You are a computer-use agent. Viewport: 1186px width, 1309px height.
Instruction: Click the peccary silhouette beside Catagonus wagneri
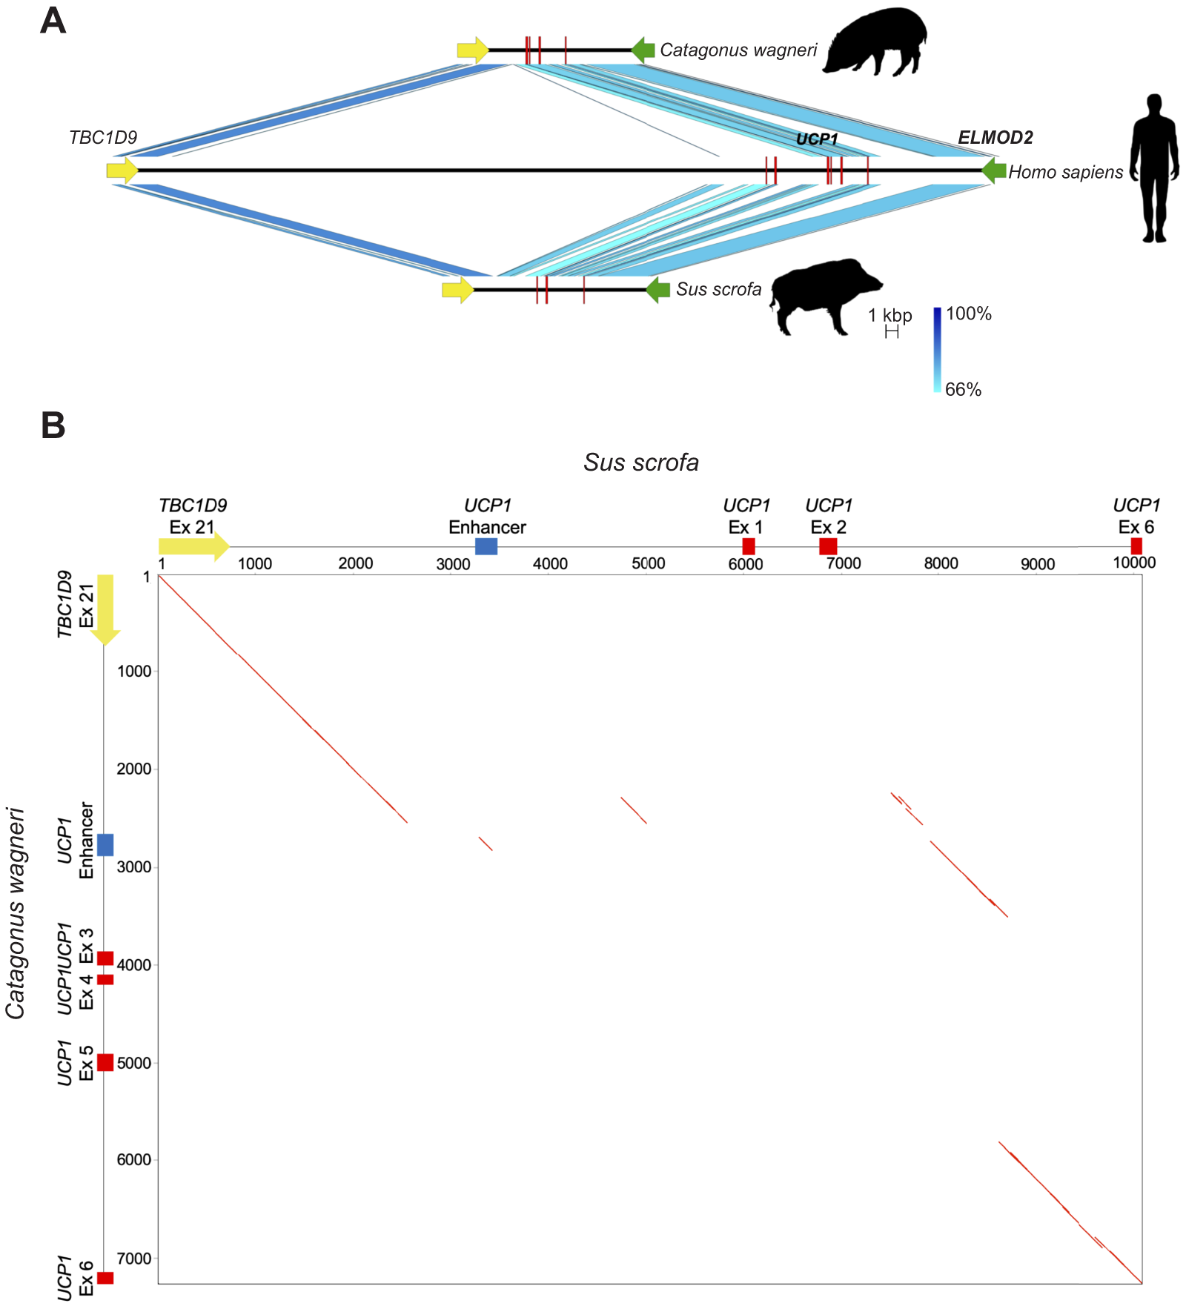point(875,42)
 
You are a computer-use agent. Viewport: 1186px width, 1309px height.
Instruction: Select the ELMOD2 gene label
point(995,137)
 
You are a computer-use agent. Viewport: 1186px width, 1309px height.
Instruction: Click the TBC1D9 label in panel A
point(103,137)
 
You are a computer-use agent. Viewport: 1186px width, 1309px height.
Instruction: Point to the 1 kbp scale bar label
point(890,315)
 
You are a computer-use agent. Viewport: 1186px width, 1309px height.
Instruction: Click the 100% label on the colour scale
point(968,314)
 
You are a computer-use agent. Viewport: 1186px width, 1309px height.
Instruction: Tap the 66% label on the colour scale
point(963,389)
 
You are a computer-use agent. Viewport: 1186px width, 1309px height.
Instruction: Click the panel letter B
point(53,426)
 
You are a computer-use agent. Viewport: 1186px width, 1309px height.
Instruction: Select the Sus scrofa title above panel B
point(640,462)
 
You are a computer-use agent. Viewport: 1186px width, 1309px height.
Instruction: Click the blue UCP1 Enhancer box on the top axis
point(486,546)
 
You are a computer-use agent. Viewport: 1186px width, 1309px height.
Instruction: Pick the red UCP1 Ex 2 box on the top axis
point(828,546)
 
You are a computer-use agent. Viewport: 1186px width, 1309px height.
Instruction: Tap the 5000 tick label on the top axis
point(648,563)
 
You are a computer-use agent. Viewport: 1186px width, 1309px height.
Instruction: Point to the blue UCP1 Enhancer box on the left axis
point(105,844)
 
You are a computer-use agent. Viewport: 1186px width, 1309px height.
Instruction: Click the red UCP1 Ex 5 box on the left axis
point(105,1062)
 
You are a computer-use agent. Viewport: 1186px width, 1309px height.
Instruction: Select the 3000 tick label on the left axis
point(134,866)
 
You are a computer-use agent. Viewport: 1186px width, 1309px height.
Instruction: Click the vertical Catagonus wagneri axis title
point(16,912)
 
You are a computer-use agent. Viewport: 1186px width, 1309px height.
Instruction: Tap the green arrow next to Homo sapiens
point(993,171)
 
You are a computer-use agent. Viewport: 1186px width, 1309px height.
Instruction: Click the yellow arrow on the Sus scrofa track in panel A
point(457,290)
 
